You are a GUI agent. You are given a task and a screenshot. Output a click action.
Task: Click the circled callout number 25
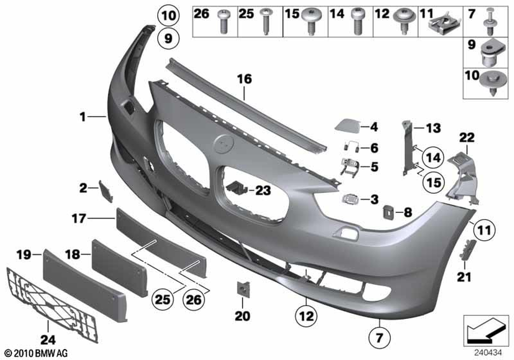(163, 299)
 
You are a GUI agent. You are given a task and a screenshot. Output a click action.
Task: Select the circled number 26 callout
(194, 299)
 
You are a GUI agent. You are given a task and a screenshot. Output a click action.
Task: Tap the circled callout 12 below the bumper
(306, 316)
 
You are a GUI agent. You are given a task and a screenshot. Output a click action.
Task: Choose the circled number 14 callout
(433, 157)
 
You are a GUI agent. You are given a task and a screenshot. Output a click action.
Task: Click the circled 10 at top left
(169, 15)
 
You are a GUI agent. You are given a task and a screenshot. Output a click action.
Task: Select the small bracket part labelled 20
(243, 289)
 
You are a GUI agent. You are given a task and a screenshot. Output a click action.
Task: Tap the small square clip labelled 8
(389, 212)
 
